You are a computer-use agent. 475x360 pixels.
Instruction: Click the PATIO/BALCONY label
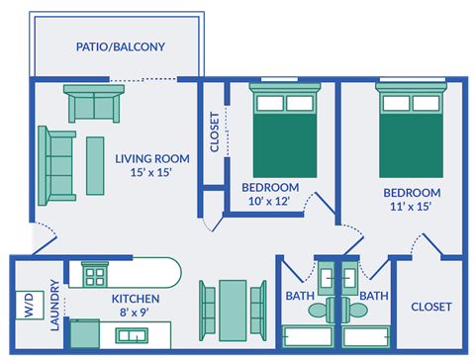[121, 46]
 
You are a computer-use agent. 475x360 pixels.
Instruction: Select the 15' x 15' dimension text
[151, 172]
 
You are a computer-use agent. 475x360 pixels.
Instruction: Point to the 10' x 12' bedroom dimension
[270, 202]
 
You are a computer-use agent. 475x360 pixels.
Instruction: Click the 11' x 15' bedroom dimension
[412, 208]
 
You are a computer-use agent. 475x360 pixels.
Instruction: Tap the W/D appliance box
[27, 302]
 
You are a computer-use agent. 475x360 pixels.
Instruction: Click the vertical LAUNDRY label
[55, 309]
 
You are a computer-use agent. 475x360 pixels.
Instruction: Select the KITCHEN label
[136, 298]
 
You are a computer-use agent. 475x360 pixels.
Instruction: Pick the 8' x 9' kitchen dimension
[136, 312]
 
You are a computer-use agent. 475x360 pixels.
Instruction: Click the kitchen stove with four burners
[95, 274]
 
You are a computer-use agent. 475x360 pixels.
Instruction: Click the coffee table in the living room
[95, 165]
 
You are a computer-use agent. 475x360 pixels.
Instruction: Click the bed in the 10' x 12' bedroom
[285, 134]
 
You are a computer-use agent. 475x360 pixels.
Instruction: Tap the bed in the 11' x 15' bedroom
[411, 134]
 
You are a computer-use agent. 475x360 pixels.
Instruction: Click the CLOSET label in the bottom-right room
[430, 307]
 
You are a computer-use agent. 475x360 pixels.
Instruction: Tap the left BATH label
[300, 296]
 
